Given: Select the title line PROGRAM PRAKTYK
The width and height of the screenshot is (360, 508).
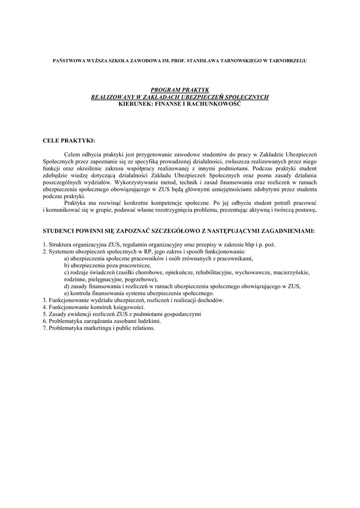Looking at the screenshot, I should click(x=180, y=90).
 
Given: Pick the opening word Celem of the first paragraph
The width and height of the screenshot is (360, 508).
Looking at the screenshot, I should click(x=73, y=155).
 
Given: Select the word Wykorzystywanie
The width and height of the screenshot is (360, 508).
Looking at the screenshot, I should click(x=137, y=183).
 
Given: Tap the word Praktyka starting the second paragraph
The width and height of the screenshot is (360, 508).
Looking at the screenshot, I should click(x=76, y=203).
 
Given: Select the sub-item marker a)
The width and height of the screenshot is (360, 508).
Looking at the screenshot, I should click(x=67, y=258).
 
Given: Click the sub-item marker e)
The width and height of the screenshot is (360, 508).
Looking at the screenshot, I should click(x=67, y=293).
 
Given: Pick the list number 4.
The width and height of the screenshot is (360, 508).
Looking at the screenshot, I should click(x=45, y=307).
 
